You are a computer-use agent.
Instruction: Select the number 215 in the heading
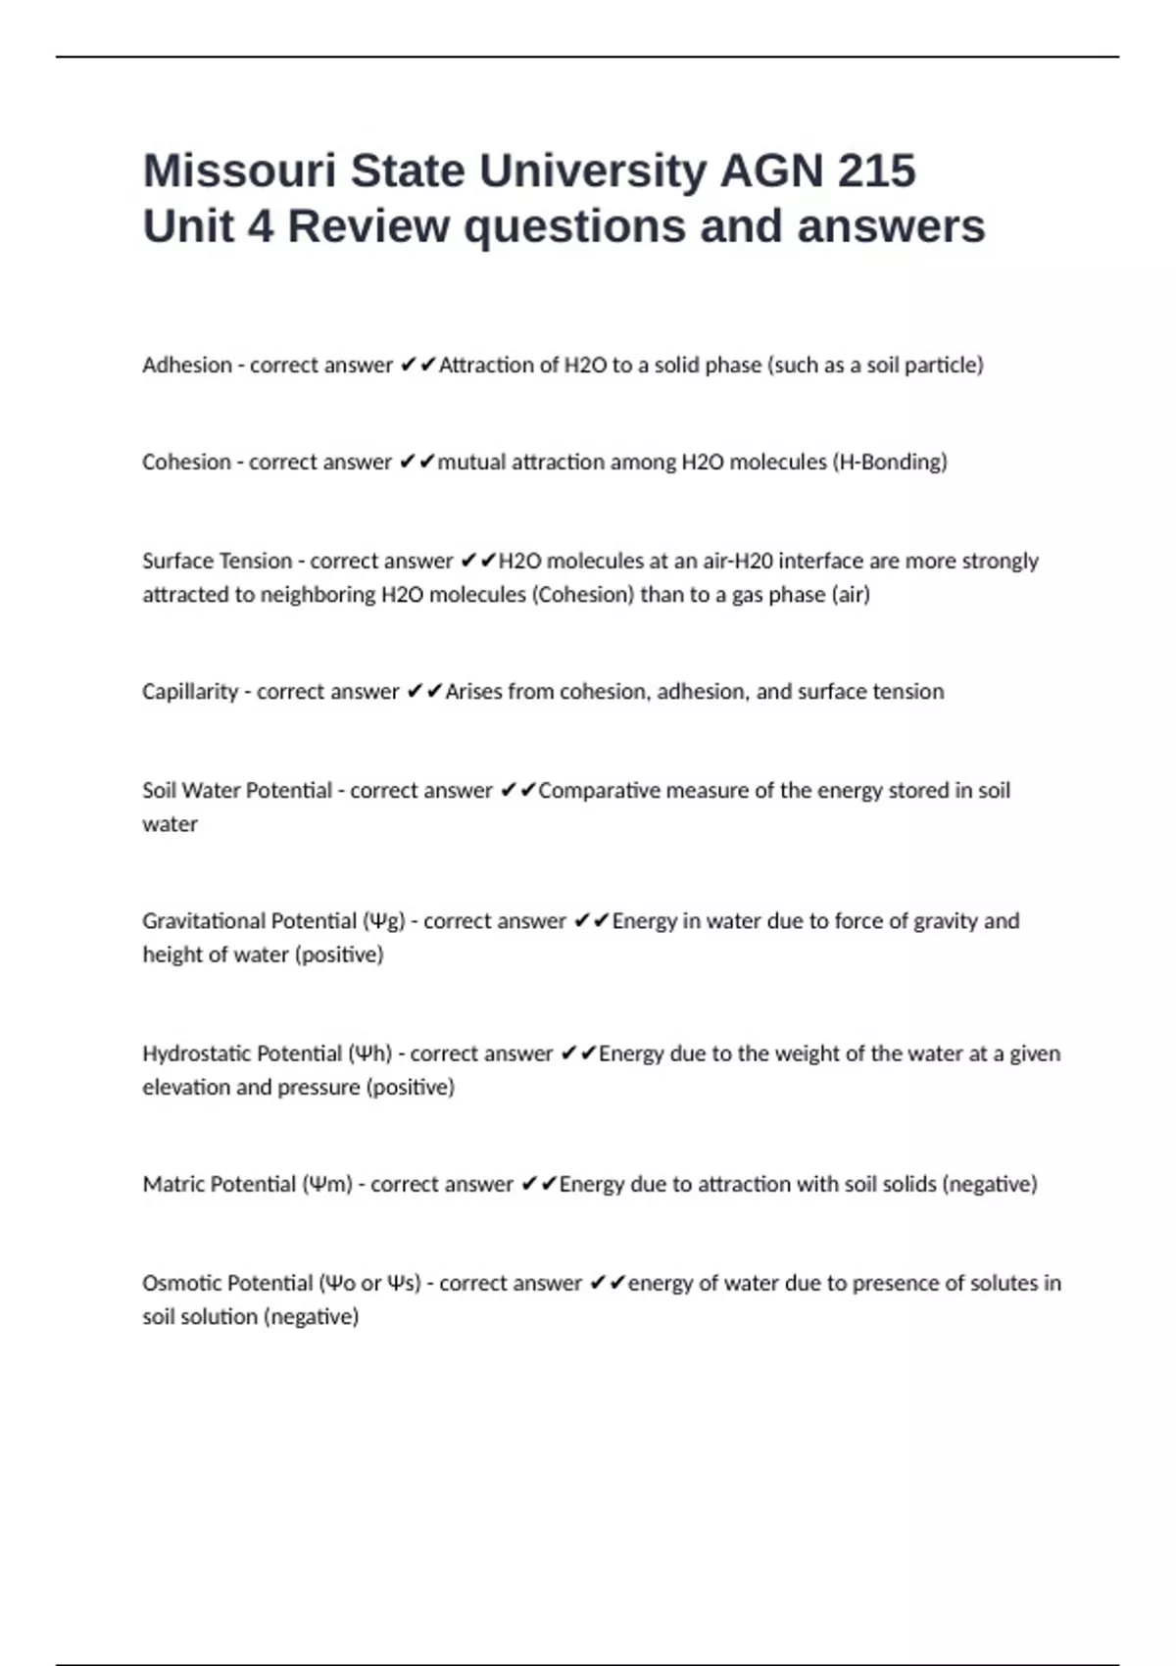click(876, 171)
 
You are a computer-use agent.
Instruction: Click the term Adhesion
click(186, 365)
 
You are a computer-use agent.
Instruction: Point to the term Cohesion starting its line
click(186, 462)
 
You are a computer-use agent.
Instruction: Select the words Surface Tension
click(217, 561)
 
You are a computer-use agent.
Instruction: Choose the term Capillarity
click(190, 691)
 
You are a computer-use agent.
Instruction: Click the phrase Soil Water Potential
click(237, 790)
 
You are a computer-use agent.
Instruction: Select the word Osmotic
click(182, 1283)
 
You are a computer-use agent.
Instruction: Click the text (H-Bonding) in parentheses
click(890, 462)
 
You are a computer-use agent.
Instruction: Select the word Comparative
click(599, 790)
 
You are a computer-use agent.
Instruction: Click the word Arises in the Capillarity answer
click(473, 691)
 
